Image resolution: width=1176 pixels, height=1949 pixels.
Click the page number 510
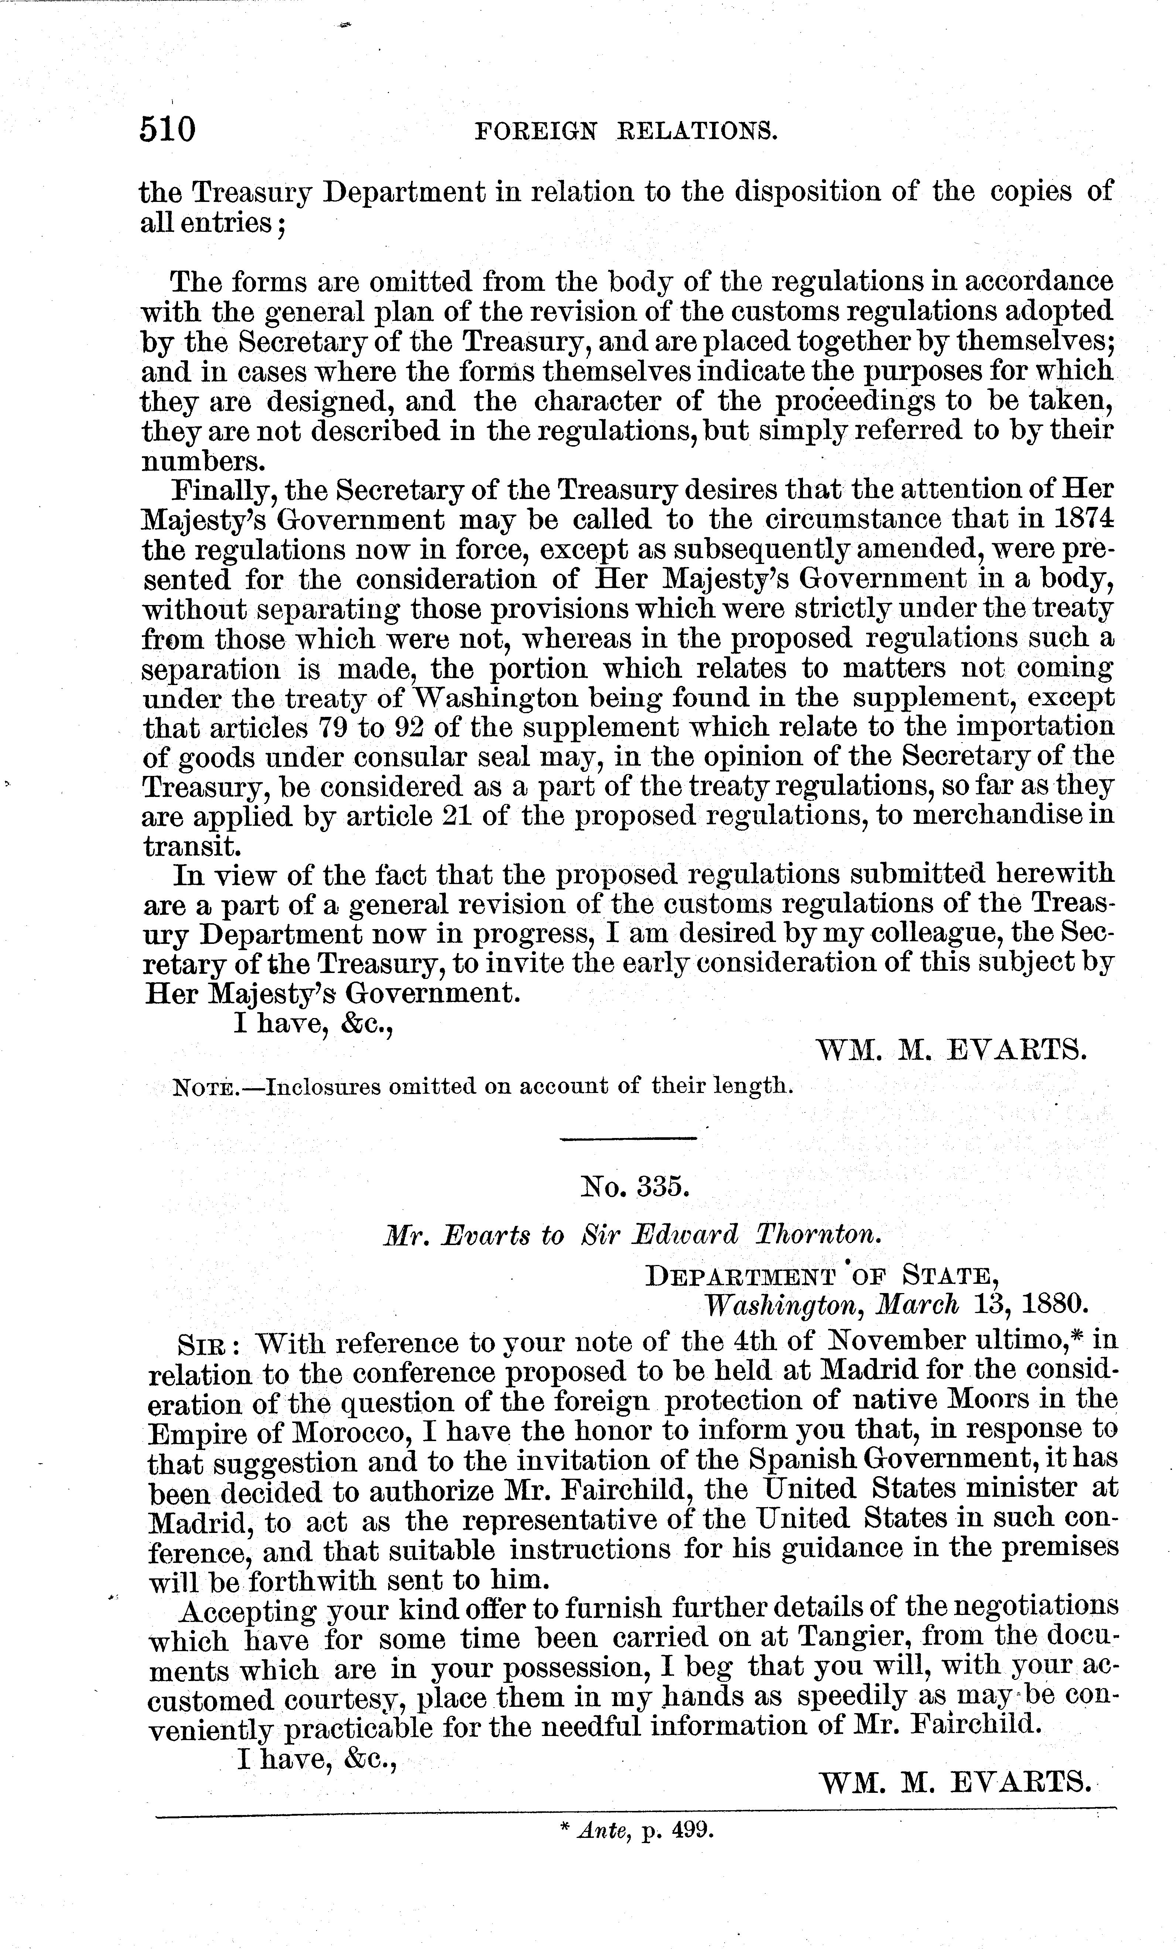pyautogui.click(x=167, y=128)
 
